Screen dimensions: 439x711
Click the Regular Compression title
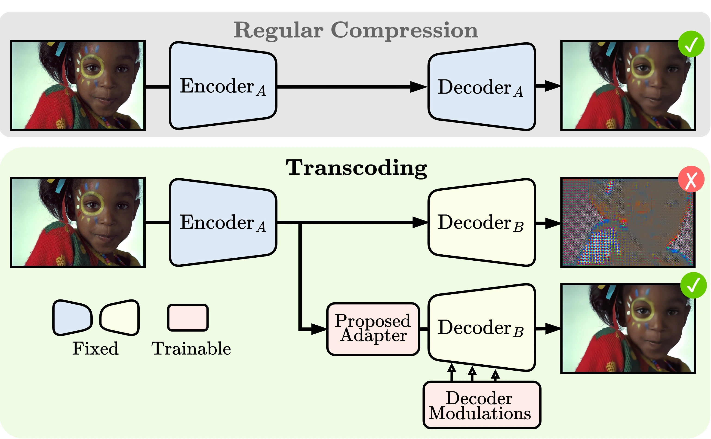(356, 30)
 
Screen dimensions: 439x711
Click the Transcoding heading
(356, 168)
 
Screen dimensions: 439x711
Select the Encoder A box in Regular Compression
(223, 86)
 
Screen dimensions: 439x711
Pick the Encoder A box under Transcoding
(223, 223)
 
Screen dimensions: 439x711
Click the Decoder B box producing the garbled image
(481, 223)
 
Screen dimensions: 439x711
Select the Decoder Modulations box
(481, 405)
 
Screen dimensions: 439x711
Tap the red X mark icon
(691, 179)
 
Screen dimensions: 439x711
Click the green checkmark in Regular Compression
(691, 44)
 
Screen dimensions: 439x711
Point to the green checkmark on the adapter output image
(693, 285)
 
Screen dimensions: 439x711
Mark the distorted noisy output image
(628, 223)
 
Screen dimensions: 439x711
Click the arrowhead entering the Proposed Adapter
(319, 329)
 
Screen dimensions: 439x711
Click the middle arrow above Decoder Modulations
(472, 371)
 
